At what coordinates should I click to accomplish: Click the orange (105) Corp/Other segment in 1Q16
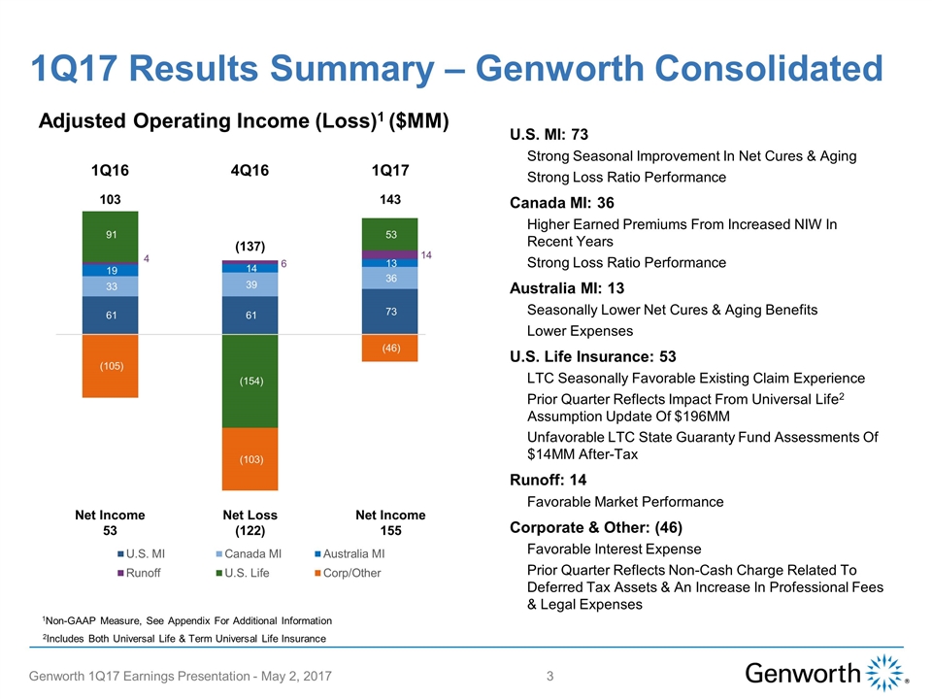pos(110,366)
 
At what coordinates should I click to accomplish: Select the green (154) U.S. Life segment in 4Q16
pos(250,381)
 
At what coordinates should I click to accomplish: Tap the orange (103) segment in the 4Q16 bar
pos(250,458)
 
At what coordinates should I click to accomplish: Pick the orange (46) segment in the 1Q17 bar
pos(389,347)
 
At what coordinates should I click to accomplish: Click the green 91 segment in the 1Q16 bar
pos(110,234)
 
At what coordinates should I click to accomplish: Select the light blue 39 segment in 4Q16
pos(250,283)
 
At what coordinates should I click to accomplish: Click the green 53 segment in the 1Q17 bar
pos(389,234)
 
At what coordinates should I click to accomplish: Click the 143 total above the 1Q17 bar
pos(389,200)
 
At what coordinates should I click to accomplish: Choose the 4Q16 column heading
pos(250,171)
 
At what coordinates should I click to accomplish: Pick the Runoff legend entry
pos(141,573)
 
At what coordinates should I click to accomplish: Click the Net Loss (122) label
pos(250,523)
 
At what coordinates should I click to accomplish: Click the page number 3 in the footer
pos(550,675)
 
